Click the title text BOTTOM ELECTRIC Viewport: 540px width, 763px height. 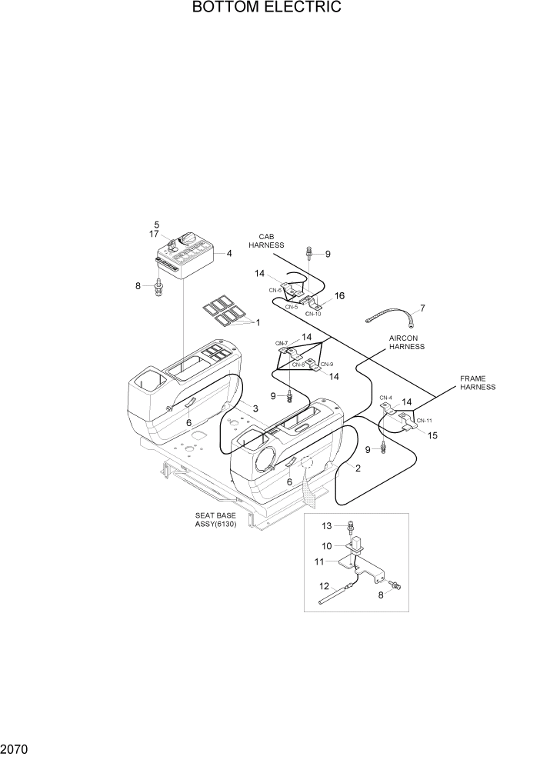(x=266, y=8)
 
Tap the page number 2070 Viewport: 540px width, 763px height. (x=17, y=747)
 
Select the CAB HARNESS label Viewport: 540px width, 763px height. (x=266, y=240)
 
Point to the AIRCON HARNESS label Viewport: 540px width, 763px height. (x=407, y=342)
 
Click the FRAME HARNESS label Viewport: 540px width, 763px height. (x=478, y=383)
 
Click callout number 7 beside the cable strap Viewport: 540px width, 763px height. (x=422, y=308)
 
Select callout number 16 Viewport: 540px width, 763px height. (x=339, y=295)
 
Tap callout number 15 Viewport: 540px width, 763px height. (x=432, y=435)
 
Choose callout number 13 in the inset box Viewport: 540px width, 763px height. (x=326, y=526)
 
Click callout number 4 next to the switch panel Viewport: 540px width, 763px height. (x=228, y=253)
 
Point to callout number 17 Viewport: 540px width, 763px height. (x=154, y=234)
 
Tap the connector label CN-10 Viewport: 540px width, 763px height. (x=313, y=314)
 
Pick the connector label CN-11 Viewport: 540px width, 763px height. (x=425, y=421)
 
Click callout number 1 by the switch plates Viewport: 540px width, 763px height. (x=258, y=322)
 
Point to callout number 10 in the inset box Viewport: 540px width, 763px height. (x=326, y=546)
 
